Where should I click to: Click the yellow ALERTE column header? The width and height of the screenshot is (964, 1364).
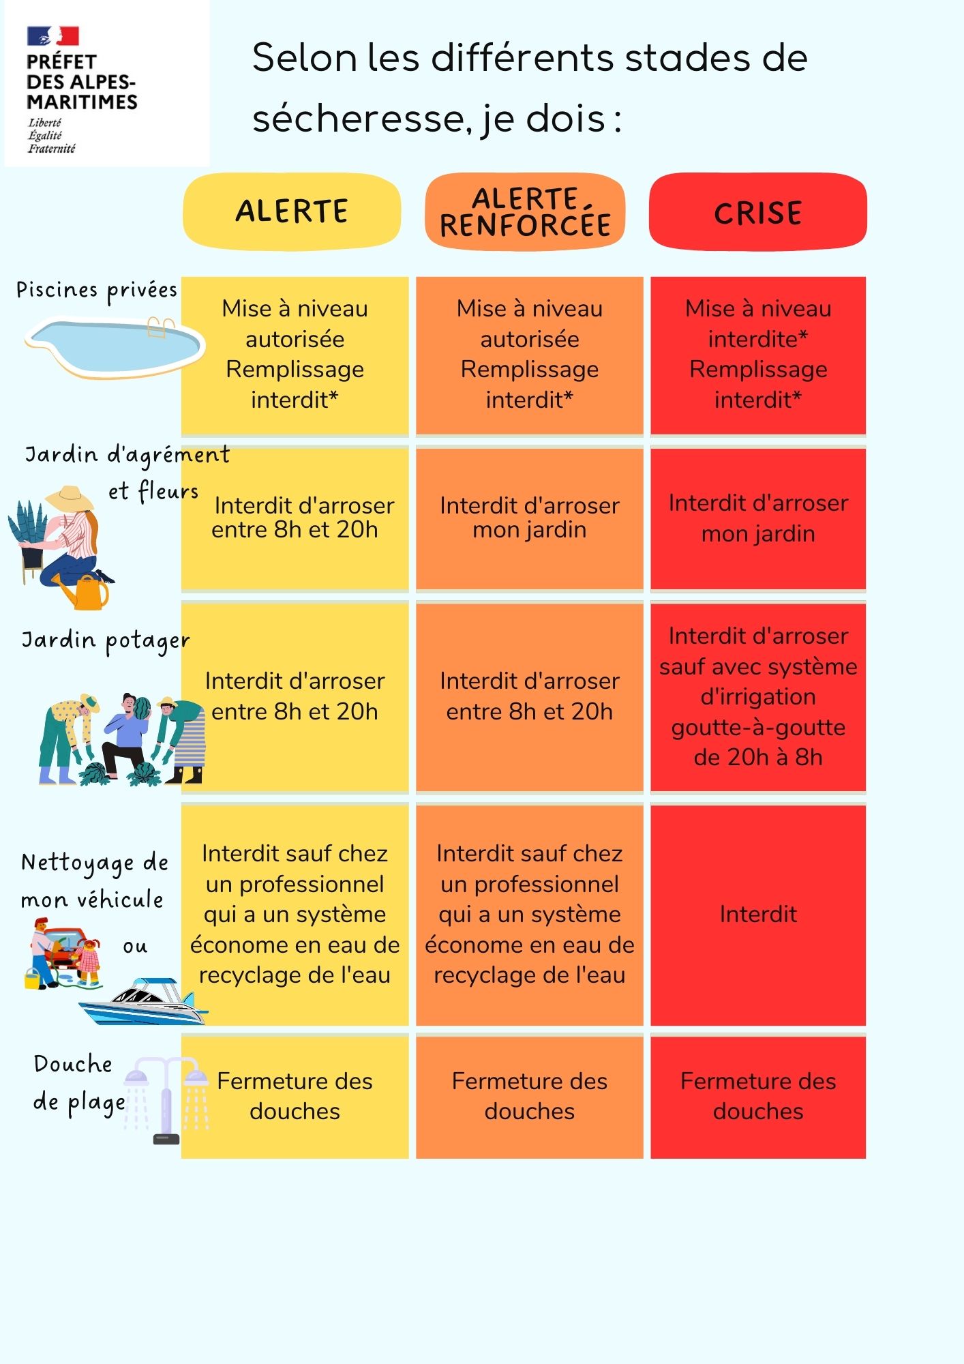(292, 211)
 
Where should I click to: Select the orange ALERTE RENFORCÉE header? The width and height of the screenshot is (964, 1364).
(525, 211)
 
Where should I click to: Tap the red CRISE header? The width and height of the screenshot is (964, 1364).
(757, 211)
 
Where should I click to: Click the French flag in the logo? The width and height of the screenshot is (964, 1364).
(53, 35)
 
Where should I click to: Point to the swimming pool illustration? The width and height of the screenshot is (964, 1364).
(115, 346)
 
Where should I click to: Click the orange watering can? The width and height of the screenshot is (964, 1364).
(87, 593)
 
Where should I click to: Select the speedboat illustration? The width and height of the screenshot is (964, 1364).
(144, 1001)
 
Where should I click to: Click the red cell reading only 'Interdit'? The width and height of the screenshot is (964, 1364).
(758, 915)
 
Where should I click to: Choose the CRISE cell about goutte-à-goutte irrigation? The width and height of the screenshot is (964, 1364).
(758, 697)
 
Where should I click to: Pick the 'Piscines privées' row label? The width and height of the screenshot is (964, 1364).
(97, 291)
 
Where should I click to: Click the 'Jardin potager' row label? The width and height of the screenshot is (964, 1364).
(106, 642)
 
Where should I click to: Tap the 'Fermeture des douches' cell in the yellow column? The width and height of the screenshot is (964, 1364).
(295, 1096)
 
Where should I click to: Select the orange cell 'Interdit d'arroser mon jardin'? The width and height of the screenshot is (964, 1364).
(530, 518)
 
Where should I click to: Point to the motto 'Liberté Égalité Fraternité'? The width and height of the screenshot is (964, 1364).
(52, 136)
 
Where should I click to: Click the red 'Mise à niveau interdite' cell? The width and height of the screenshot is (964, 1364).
(758, 355)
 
